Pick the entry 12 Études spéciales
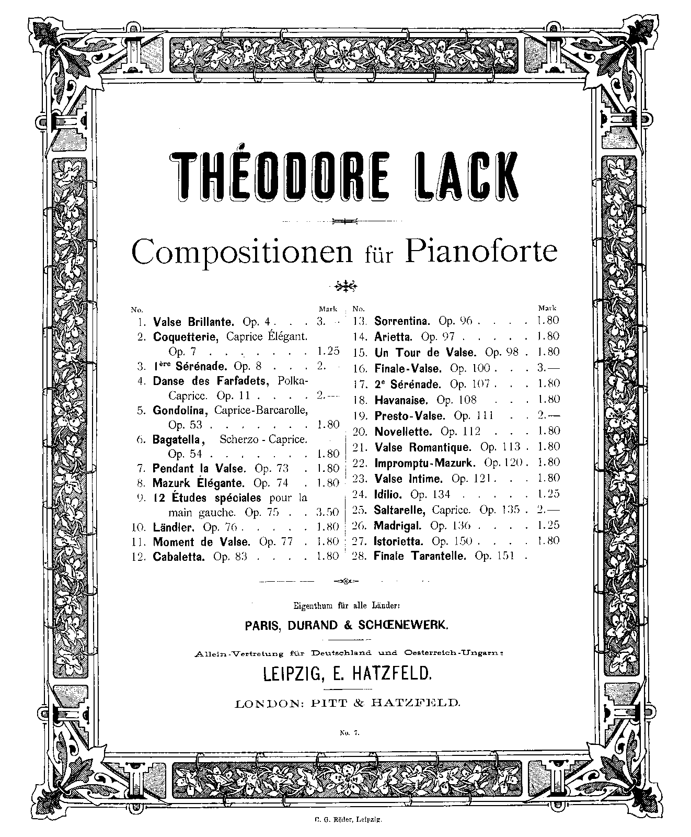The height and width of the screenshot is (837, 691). pos(206,497)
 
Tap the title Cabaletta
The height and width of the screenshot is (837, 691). pos(180,557)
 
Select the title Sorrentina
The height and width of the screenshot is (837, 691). pos(401,321)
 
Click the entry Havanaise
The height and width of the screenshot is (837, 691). pos(401,400)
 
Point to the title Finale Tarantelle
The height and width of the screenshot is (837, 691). pos(419,557)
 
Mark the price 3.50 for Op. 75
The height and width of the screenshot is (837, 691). pos(328,512)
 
